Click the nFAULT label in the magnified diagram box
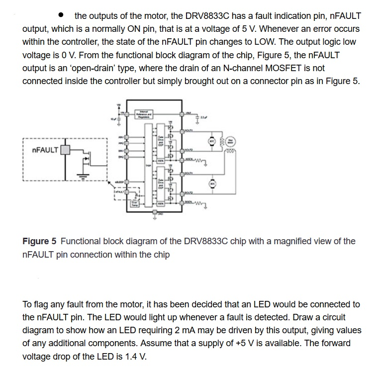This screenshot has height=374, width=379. (44, 149)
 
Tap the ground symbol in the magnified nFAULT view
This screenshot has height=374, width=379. (84, 175)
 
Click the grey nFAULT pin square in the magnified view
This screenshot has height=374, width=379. (64, 149)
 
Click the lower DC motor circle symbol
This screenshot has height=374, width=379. (212, 184)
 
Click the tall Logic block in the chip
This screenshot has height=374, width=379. (148, 164)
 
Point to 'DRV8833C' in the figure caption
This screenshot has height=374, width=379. (206, 242)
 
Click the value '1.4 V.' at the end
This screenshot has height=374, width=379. (134, 356)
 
